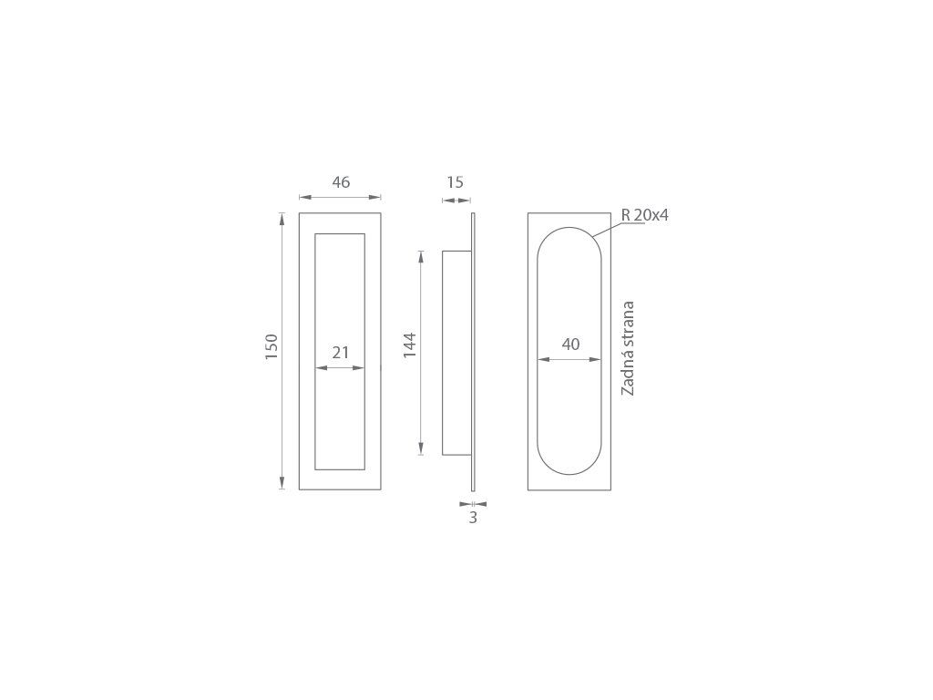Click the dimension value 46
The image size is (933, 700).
(341, 182)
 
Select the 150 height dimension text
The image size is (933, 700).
(272, 346)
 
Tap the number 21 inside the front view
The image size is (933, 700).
(341, 353)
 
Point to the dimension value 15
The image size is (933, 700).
(456, 182)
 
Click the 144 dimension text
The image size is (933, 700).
(410, 345)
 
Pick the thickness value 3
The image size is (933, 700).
(473, 518)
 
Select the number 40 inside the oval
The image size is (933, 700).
(570, 344)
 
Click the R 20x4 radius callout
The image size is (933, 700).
(645, 215)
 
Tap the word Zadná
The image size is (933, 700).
(628, 375)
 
